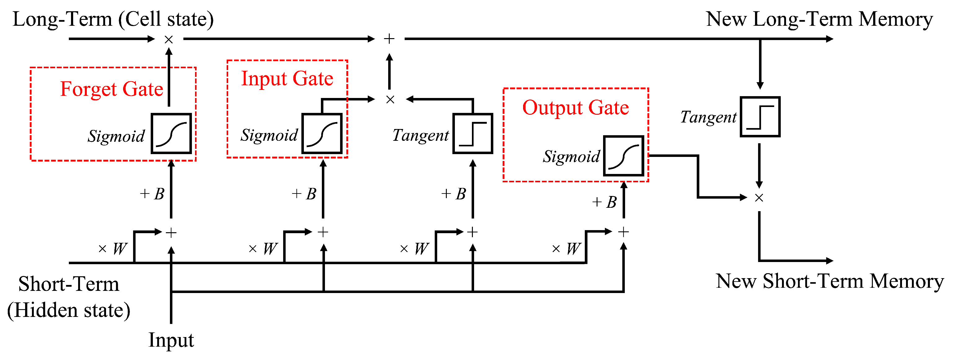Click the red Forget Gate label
pyautogui.click(x=112, y=89)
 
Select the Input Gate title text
pyautogui.click(x=287, y=78)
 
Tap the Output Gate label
pyautogui.click(x=575, y=108)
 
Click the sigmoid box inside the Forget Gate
pyautogui.click(x=171, y=134)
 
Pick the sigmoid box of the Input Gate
pyautogui.click(x=322, y=134)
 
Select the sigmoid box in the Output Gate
pyautogui.click(x=624, y=156)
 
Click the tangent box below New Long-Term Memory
pyautogui.click(x=760, y=117)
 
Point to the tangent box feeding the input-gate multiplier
pyautogui.click(x=473, y=134)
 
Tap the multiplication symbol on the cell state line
pyautogui.click(x=169, y=39)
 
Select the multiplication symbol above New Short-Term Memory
pyautogui.click(x=759, y=198)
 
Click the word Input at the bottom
pyautogui.click(x=171, y=340)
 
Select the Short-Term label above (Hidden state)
pyautogui.click(x=69, y=284)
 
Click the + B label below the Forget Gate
pyautogui.click(x=152, y=194)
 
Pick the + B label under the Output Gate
pyautogui.click(x=604, y=202)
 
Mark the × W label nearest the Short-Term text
pyautogui.click(x=113, y=248)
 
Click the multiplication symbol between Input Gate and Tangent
pyautogui.click(x=390, y=100)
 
